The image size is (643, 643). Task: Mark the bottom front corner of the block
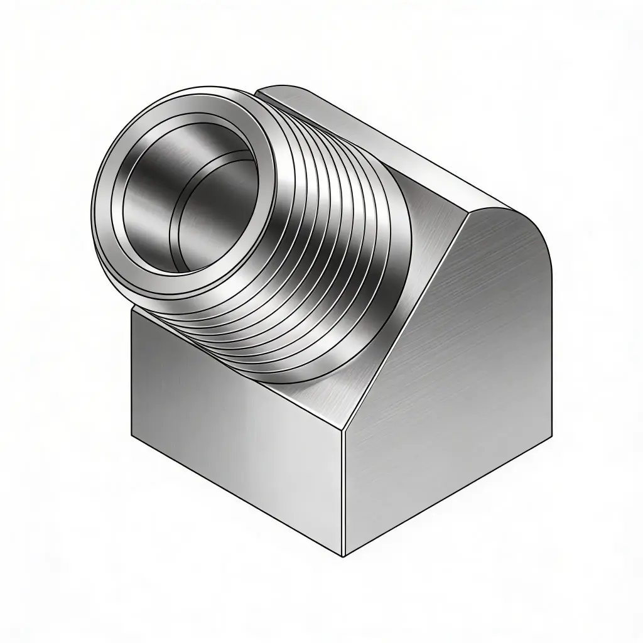(x=343, y=556)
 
